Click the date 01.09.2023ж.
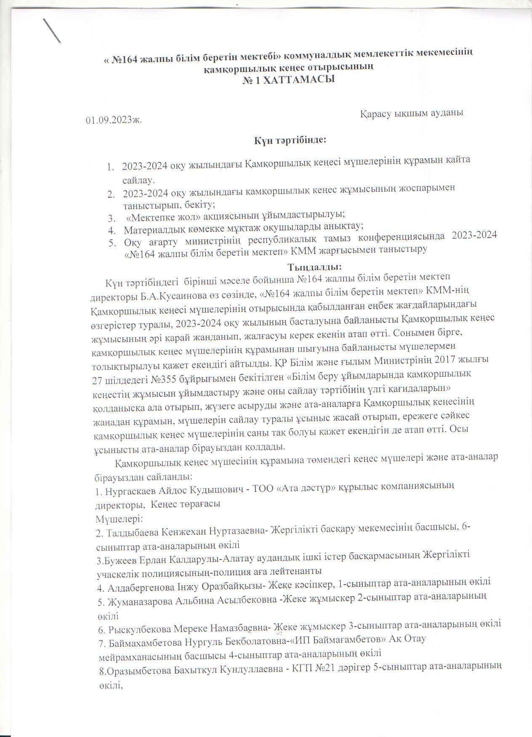coord(114,120)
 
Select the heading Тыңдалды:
coord(314,267)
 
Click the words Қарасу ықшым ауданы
coord(412,113)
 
